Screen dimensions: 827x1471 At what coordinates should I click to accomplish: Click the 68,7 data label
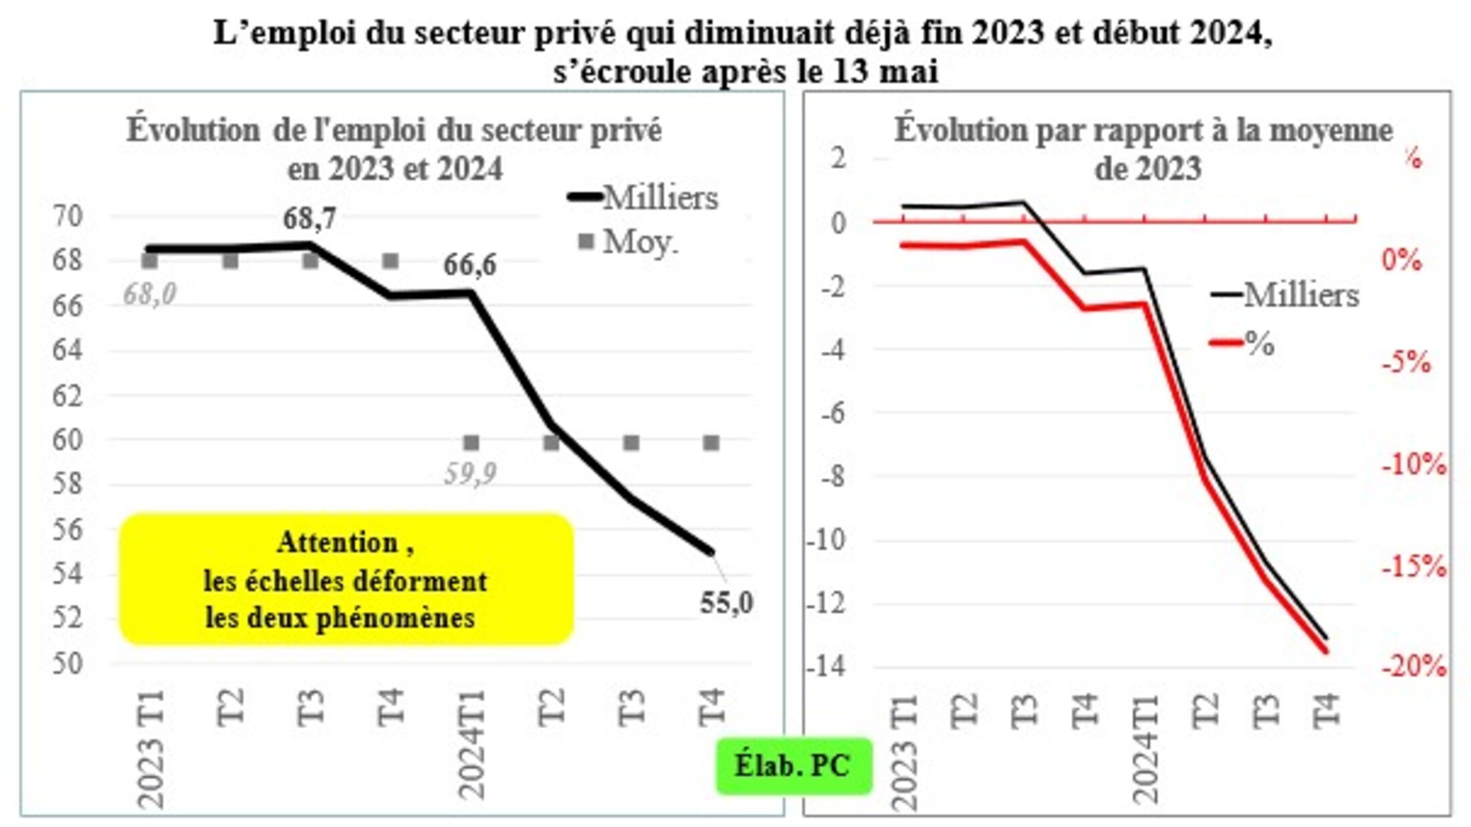(x=309, y=219)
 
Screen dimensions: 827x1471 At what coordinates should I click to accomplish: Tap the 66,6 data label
(x=469, y=265)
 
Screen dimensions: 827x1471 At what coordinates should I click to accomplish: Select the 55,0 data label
(x=726, y=604)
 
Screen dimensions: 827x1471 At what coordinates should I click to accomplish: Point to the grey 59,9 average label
(x=470, y=474)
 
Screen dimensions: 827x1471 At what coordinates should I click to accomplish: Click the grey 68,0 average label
(x=150, y=294)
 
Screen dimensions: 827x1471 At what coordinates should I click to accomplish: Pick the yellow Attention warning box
(x=346, y=579)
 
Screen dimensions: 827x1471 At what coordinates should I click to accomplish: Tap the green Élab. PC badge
(x=793, y=766)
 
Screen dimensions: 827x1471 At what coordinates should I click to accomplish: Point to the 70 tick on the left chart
(x=67, y=216)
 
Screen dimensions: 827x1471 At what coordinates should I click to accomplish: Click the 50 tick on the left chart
(x=67, y=664)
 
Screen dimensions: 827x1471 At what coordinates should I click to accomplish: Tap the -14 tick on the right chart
(x=828, y=666)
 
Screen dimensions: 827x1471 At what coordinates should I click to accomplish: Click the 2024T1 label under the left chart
(x=472, y=744)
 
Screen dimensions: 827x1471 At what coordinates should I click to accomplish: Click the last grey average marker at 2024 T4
(x=711, y=443)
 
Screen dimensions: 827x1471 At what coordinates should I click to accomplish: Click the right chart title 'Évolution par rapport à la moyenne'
(x=1143, y=130)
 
